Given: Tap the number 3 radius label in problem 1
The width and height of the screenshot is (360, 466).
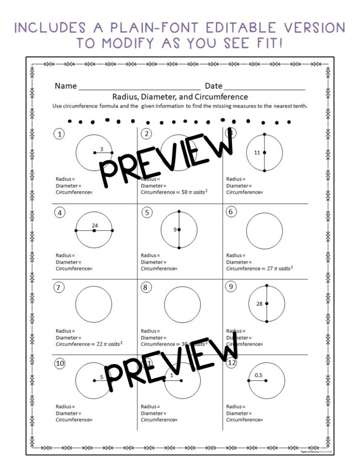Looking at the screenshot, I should pyautogui.click(x=101, y=149).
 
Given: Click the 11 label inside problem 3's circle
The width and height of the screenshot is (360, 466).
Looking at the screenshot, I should pyautogui.click(x=257, y=153).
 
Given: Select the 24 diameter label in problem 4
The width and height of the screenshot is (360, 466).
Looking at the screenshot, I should pyautogui.click(x=95, y=225).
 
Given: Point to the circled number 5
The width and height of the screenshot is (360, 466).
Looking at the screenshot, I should pyautogui.click(x=146, y=212).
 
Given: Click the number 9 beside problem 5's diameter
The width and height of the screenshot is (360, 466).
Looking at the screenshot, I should pyautogui.click(x=175, y=230).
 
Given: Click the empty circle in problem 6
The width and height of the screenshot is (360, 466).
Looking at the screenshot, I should pyautogui.click(x=264, y=230).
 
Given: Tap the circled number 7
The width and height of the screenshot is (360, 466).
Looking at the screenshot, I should pyautogui.click(x=59, y=288).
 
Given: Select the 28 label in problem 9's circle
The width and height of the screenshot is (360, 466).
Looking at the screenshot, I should pyautogui.click(x=259, y=304).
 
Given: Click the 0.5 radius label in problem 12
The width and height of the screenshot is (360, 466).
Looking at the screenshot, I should pyautogui.click(x=259, y=375).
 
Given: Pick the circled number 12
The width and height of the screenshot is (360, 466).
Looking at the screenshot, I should pyautogui.click(x=232, y=364).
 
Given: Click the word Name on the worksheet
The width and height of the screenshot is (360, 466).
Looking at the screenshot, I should pyautogui.click(x=65, y=86).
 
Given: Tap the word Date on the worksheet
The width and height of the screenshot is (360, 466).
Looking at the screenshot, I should pyautogui.click(x=213, y=86).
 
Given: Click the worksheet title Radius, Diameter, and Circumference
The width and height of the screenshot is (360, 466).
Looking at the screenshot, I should pyautogui.click(x=180, y=97).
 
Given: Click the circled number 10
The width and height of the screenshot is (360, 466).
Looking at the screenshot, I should pyautogui.click(x=60, y=364).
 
